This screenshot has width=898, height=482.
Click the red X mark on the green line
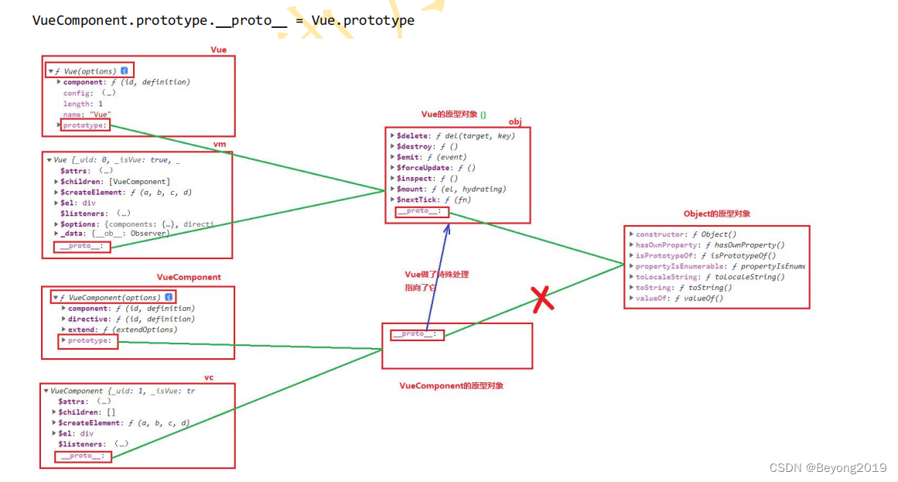point(543,298)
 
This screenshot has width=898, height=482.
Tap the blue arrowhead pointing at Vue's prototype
point(446,227)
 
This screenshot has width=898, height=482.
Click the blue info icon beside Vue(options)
point(124,71)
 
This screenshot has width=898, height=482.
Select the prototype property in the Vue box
point(86,125)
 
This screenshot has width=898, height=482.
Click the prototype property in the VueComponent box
point(89,340)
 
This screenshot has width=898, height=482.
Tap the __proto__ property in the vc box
point(83,456)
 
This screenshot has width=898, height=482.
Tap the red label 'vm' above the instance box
point(220,145)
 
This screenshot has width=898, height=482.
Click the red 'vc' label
point(209,378)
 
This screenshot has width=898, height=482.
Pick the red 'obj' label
point(515,122)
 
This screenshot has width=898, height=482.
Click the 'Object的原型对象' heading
point(716,214)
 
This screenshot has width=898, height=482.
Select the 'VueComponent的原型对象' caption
point(451,385)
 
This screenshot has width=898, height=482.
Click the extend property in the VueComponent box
point(83,330)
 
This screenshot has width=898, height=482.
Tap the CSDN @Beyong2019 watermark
point(828,467)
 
